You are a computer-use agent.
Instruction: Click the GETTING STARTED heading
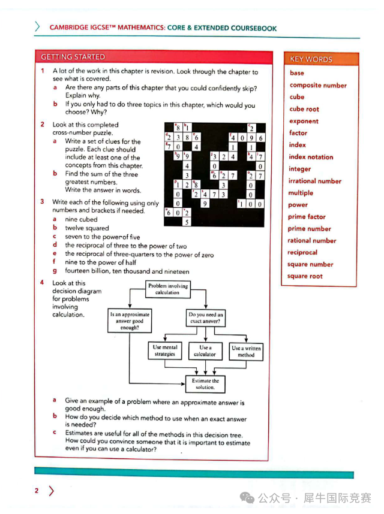pyautogui.click(x=73, y=57)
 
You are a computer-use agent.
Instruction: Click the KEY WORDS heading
pyautogui.click(x=310, y=59)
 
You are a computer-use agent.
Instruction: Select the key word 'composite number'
pyautogui.click(x=318, y=85)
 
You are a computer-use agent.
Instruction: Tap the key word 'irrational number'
pyautogui.click(x=315, y=181)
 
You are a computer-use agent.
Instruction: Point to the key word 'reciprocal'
pyautogui.click(x=302, y=252)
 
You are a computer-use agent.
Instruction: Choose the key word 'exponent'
pyautogui.click(x=304, y=121)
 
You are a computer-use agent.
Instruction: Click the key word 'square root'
pyautogui.click(x=305, y=276)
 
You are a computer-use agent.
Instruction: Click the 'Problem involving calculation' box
pyautogui.click(x=167, y=289)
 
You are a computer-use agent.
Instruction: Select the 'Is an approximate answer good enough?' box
pyautogui.click(x=129, y=321)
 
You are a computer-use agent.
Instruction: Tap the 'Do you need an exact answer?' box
pyautogui.click(x=205, y=318)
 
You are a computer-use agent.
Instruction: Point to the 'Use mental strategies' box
pyautogui.click(x=164, y=350)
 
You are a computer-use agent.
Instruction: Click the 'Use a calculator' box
pyautogui.click(x=205, y=350)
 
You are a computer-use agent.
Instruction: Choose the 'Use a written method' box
pyautogui.click(x=246, y=351)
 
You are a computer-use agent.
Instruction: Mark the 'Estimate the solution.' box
pyautogui.click(x=205, y=383)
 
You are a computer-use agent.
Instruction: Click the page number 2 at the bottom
pyautogui.click(x=37, y=491)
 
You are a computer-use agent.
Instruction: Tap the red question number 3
pyautogui.click(x=43, y=202)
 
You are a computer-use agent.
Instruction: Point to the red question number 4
pyautogui.click(x=43, y=283)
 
